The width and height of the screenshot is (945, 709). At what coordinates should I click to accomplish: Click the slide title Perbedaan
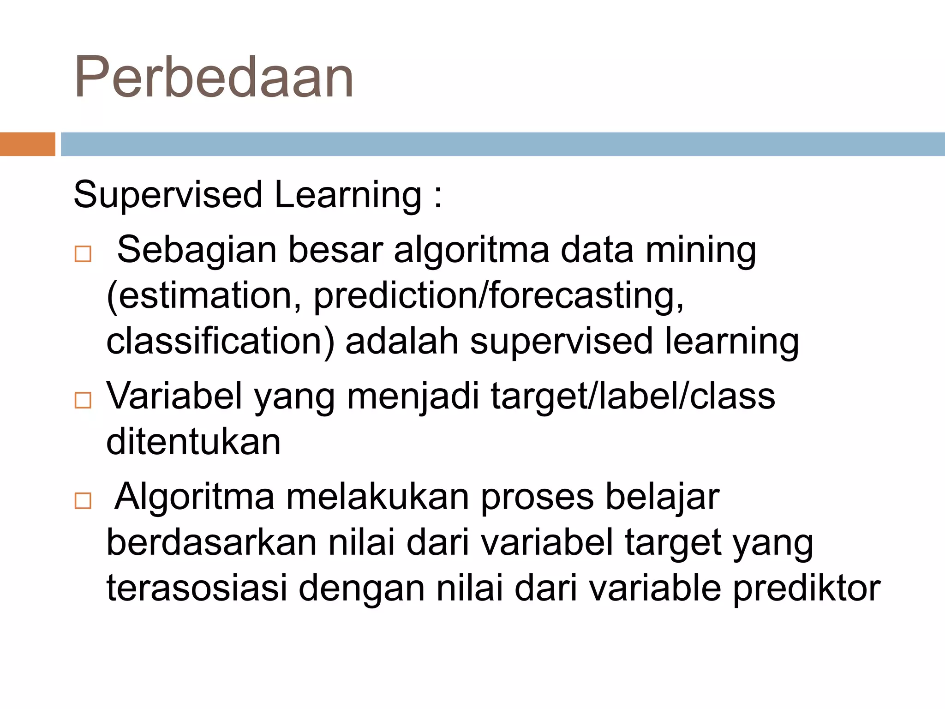tap(214, 77)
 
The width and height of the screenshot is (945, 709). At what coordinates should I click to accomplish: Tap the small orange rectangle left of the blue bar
tap(27, 144)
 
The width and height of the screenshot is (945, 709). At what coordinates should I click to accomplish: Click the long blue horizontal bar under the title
tap(502, 144)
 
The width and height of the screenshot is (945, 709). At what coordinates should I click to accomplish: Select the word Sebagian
tap(197, 250)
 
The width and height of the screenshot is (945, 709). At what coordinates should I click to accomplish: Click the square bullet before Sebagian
tap(83, 254)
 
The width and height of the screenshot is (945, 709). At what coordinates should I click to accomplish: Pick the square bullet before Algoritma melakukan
tap(83, 500)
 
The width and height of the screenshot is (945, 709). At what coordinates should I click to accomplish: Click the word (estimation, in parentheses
tap(204, 296)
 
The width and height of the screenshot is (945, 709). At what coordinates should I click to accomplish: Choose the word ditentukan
tap(193, 442)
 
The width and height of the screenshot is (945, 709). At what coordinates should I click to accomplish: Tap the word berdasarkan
tap(211, 542)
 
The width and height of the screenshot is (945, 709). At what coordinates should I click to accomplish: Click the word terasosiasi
tap(197, 588)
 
